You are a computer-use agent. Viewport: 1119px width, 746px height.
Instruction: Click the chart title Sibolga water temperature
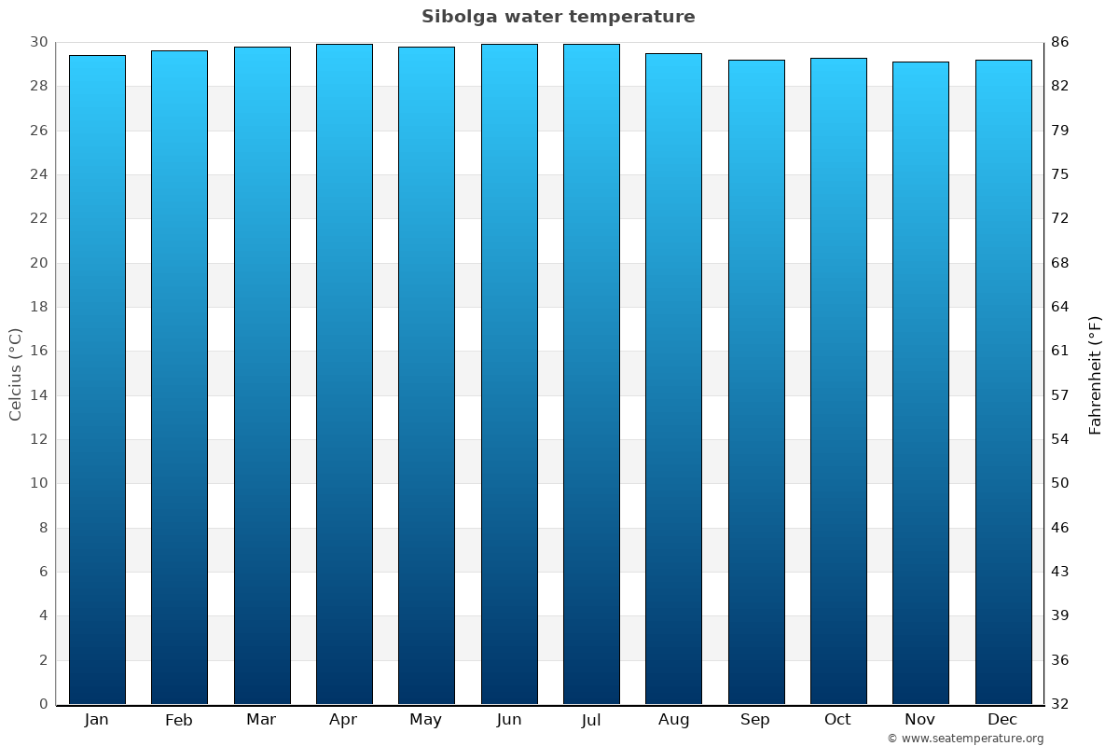[558, 17]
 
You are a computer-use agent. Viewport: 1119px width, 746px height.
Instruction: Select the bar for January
[97, 380]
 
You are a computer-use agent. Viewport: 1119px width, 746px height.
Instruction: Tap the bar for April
[344, 374]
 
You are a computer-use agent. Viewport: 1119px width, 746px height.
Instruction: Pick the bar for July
[591, 374]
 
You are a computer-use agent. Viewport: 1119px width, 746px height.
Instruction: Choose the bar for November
[920, 382]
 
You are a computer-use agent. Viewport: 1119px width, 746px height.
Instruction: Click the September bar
[756, 381]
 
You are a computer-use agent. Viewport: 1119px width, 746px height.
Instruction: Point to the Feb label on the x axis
[179, 720]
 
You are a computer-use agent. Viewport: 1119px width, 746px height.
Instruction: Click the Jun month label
[509, 720]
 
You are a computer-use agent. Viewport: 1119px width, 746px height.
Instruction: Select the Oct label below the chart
[837, 720]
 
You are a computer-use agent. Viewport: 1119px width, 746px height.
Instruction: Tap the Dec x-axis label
[1002, 720]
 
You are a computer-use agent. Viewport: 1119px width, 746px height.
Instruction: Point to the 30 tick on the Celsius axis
[38, 42]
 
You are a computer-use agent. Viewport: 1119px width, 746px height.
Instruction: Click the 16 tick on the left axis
[38, 351]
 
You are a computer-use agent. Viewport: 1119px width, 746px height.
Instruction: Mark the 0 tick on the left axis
[43, 704]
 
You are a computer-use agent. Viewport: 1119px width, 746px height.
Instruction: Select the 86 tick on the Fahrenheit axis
[1059, 42]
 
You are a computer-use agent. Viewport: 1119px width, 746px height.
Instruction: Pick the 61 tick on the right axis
[1059, 351]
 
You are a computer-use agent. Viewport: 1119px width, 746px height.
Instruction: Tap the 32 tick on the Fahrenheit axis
[1059, 704]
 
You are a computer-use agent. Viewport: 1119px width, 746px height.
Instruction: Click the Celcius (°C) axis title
[15, 374]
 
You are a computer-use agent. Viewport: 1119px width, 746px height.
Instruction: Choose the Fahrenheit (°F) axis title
[1096, 374]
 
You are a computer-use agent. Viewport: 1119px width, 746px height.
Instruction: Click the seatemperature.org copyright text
[965, 739]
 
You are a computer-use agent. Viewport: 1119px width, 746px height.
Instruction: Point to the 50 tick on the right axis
[1059, 483]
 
